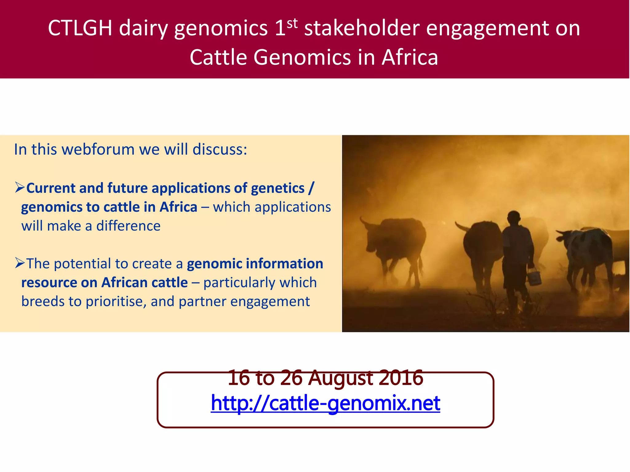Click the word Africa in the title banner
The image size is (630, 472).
pos(410,57)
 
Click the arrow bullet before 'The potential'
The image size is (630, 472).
pos(20,263)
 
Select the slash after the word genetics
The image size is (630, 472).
pos(312,188)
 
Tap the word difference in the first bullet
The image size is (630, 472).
pos(128,226)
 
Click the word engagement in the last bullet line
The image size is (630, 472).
pos(270,302)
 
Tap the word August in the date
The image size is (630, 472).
pos(341,378)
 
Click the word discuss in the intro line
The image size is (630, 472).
pos(220,150)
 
